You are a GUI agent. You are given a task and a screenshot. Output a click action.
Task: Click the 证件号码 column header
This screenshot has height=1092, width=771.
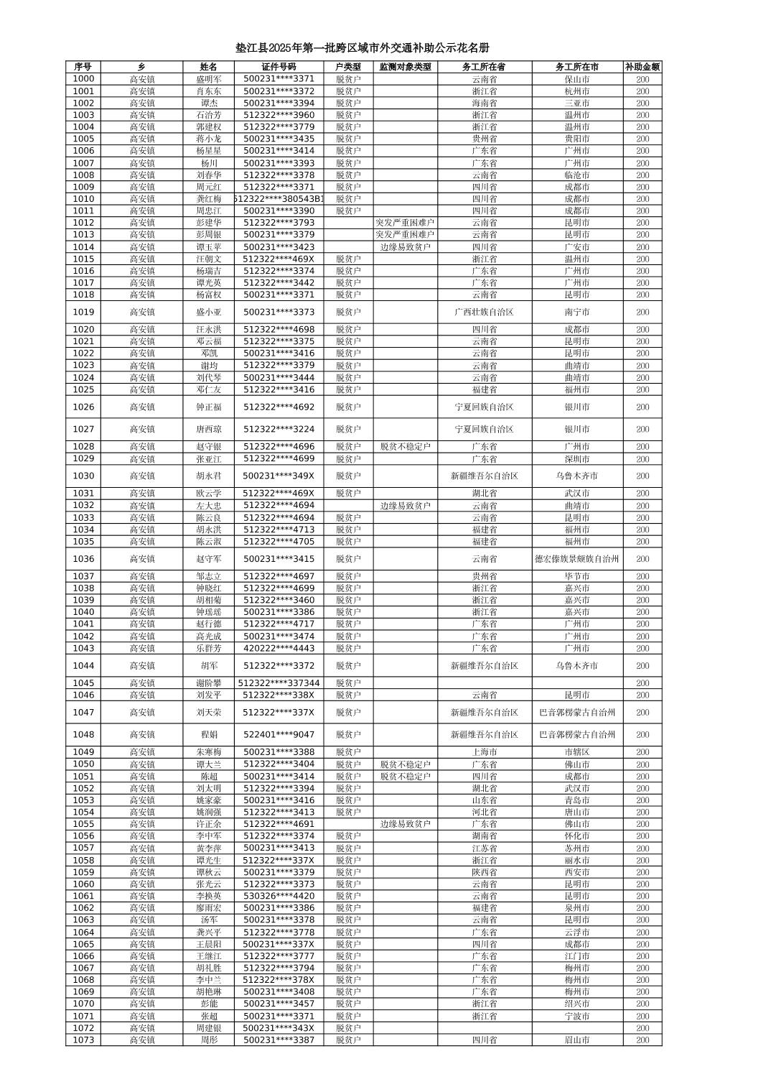(x=279, y=67)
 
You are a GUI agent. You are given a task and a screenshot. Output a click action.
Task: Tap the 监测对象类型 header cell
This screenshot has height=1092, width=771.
(x=405, y=67)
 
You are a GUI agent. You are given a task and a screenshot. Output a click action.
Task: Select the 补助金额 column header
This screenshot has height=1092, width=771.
(x=642, y=67)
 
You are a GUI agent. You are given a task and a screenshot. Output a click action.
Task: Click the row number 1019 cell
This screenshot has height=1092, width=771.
(x=83, y=312)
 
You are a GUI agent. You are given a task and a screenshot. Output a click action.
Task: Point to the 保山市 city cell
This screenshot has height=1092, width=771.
(x=577, y=79)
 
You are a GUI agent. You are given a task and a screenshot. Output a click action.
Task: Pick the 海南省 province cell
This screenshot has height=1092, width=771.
(x=485, y=103)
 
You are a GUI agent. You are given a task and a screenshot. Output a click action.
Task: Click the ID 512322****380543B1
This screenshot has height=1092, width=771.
(x=279, y=199)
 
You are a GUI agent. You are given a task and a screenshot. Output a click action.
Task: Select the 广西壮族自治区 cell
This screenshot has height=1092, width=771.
(x=485, y=312)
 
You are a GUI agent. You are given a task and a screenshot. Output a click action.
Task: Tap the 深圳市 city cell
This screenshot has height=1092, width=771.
(x=577, y=458)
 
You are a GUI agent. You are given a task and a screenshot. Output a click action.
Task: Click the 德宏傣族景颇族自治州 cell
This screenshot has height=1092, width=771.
(x=577, y=559)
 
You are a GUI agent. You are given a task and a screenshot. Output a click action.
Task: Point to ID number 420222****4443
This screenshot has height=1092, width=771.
(x=279, y=648)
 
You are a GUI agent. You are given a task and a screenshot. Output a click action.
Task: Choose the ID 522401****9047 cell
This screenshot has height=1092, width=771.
(x=279, y=734)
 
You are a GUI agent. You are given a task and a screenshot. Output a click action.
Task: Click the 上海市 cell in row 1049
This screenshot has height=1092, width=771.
(x=485, y=752)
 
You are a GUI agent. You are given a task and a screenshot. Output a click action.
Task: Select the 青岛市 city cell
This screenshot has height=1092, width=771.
(x=577, y=800)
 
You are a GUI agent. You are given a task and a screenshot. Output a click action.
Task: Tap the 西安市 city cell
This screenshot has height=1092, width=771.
(x=577, y=872)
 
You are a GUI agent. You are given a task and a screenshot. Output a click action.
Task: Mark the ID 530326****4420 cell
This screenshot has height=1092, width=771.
(x=279, y=896)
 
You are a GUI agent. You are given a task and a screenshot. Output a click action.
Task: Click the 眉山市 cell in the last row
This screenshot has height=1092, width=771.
(x=577, y=1040)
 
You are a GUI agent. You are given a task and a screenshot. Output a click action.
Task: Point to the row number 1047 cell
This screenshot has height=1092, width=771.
(x=83, y=713)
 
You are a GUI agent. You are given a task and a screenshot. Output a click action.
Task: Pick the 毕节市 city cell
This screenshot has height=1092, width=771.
(x=577, y=576)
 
